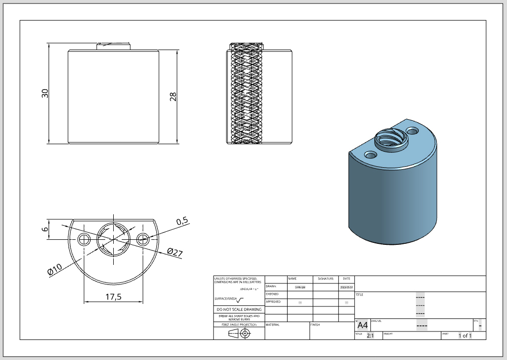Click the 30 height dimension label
45,93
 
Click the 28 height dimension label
173,97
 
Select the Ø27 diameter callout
174,252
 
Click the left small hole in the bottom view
84,239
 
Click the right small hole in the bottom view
143,239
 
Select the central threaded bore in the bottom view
114,239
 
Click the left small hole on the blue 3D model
371,155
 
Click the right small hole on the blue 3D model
413,131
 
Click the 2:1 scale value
371,335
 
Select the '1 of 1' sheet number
465,335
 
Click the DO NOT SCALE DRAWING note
238,309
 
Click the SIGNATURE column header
326,278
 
